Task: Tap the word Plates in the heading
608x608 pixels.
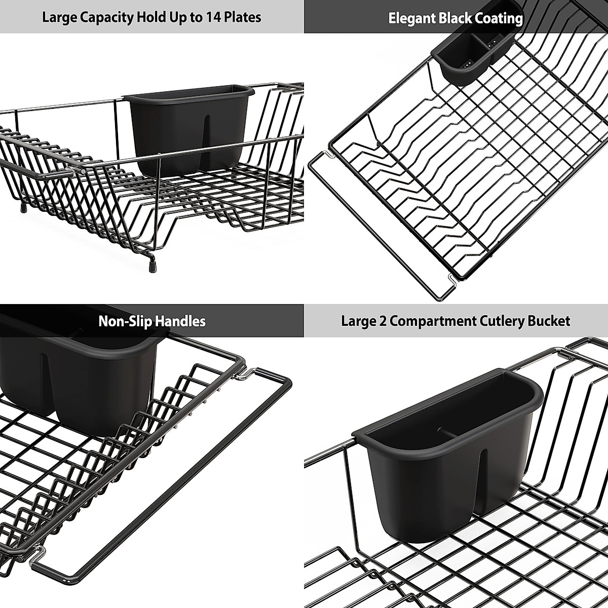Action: pyautogui.click(x=243, y=18)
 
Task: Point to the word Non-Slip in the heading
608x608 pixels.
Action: pyautogui.click(x=125, y=321)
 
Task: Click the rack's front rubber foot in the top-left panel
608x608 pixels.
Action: pyautogui.click(x=151, y=264)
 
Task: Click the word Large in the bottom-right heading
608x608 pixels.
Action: pyautogui.click(x=357, y=321)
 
